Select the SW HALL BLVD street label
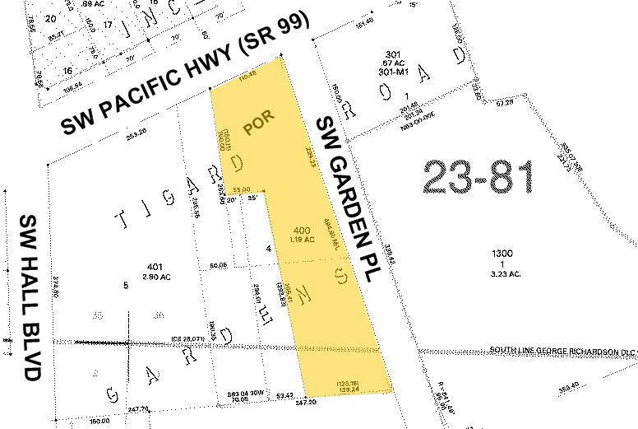[30, 296]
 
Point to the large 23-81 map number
[478, 177]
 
